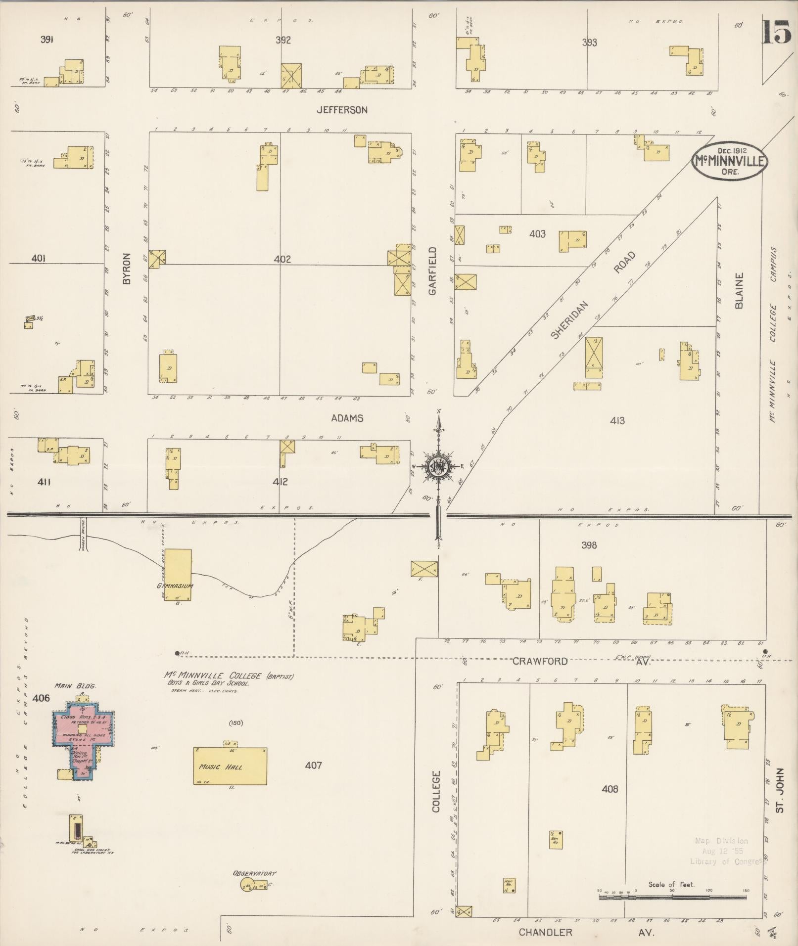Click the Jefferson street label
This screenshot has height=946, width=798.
click(342, 110)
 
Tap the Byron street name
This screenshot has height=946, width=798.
click(127, 269)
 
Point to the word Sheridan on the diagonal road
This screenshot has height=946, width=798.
click(570, 319)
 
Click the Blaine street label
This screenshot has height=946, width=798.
click(740, 291)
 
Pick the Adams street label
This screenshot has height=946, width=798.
click(347, 418)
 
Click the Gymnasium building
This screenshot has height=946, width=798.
click(178, 575)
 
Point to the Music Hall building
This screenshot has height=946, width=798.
click(230, 766)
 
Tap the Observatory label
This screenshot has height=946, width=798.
click(254, 874)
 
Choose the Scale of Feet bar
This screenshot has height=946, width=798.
click(673, 897)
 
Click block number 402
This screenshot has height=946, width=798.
click(282, 259)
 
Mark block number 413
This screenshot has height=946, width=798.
click(617, 421)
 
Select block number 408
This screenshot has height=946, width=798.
click(610, 789)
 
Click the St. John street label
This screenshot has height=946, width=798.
click(780, 797)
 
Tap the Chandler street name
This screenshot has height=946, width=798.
click(545, 933)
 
